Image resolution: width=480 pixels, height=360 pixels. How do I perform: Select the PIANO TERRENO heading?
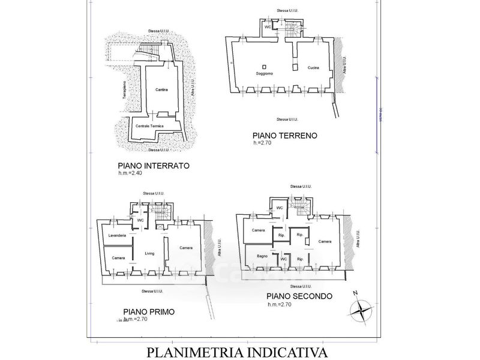[285, 136]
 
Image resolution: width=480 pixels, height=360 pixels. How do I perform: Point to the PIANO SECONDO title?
[301, 296]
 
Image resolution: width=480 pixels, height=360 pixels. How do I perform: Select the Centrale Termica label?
[149, 125]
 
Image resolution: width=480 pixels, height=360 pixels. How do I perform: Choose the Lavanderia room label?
[117, 236]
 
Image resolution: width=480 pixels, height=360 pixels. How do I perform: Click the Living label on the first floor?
[149, 253]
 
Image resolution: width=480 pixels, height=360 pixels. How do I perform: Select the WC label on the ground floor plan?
[268, 28]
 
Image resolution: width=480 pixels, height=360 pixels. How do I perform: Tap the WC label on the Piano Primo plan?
[140, 220]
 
